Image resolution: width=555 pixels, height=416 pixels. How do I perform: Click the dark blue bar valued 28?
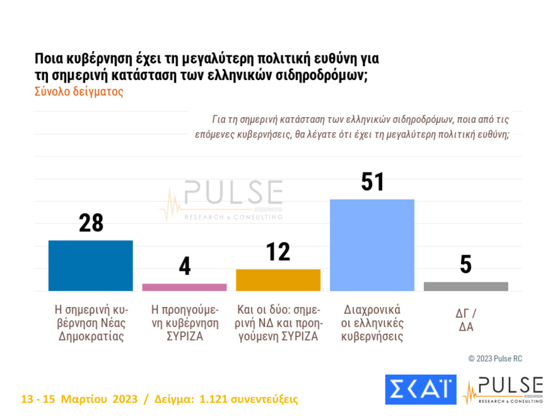(91, 265)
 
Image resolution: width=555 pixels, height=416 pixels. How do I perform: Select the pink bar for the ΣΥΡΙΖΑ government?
(184, 287)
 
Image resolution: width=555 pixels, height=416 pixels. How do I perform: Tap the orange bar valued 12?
(278, 280)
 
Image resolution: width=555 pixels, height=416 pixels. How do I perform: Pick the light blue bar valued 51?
(372, 245)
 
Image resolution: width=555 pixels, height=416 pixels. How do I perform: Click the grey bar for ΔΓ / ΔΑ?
(465, 286)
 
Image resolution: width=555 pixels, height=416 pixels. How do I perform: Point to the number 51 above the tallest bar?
(372, 182)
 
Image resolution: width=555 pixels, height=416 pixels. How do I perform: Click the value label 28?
(91, 223)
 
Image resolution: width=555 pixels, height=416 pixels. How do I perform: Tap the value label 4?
(184, 266)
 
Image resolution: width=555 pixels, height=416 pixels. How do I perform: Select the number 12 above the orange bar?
(278, 252)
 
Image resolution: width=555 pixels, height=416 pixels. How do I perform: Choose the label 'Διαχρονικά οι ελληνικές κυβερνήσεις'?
(372, 323)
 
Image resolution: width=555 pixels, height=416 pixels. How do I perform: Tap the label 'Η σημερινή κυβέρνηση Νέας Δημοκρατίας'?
(91, 323)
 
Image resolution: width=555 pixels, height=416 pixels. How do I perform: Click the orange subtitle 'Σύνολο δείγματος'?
(78, 91)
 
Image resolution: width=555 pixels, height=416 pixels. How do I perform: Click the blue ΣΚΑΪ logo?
(420, 390)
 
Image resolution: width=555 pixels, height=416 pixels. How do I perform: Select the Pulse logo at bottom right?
(503, 390)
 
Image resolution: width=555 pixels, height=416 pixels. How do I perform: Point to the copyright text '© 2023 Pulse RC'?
(495, 359)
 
